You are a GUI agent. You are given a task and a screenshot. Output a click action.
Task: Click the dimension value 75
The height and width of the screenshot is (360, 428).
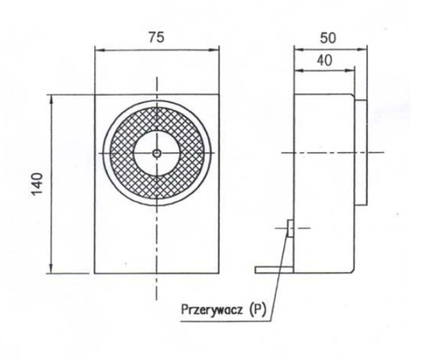pos(156,38)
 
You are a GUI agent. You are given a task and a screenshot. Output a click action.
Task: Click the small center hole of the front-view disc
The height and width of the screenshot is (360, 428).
pos(157,153)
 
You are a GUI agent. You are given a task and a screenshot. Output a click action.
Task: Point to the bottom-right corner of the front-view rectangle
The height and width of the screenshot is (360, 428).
pos(219,274)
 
